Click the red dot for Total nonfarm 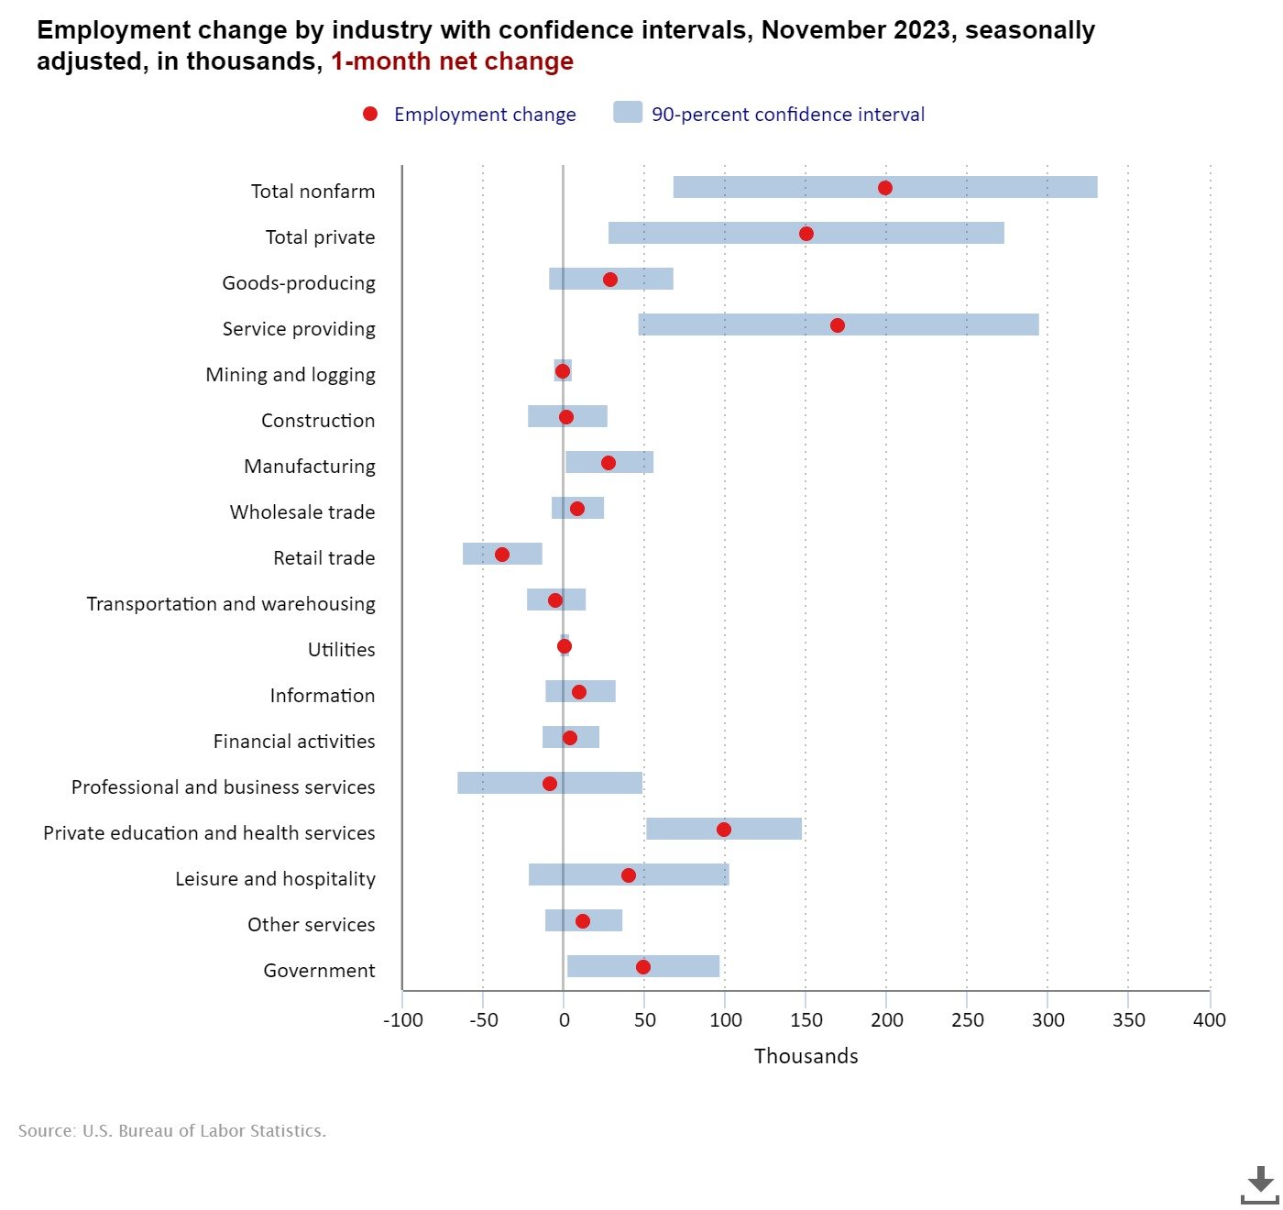[x=884, y=188]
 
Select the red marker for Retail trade [x=502, y=555]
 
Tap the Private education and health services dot [x=724, y=830]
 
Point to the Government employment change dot [x=643, y=967]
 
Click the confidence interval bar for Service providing [x=944, y=324]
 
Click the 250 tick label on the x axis [x=967, y=1020]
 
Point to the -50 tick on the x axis [x=483, y=1020]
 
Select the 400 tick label [x=1209, y=1020]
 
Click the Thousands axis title [x=806, y=1056]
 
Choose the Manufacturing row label [x=309, y=467]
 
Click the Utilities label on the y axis [x=341, y=650]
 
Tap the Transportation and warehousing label [x=231, y=604]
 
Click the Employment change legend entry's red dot [x=370, y=114]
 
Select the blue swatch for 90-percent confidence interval [x=628, y=113]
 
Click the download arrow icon [x=1260, y=1184]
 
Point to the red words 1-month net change [x=452, y=61]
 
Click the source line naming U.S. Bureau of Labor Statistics [x=172, y=1131]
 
